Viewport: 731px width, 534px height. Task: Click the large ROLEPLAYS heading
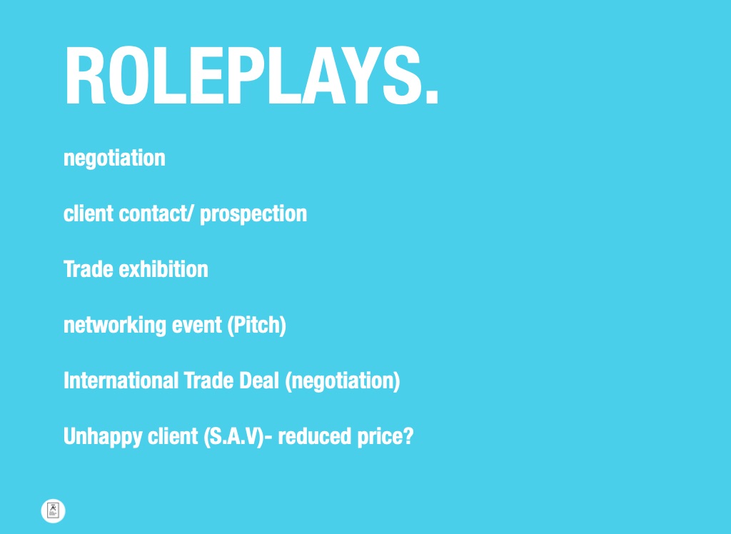(251, 76)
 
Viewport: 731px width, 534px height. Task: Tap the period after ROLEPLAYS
(432, 97)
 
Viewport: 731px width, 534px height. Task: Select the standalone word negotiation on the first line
(114, 158)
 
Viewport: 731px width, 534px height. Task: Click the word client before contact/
(89, 213)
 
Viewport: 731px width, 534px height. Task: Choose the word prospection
(253, 214)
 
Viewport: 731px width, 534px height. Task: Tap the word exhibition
(163, 269)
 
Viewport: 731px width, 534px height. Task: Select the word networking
(115, 325)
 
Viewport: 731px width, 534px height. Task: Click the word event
(197, 325)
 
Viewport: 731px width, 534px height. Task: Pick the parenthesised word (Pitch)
(256, 325)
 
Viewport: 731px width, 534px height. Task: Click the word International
(121, 381)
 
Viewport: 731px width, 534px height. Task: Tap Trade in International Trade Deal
(208, 381)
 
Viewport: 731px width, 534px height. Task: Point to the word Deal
(258, 381)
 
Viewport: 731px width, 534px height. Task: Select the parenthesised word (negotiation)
(342, 381)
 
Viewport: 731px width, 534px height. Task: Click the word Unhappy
(103, 437)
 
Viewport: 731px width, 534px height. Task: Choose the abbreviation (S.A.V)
(234, 436)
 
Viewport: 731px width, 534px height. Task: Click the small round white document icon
(53, 510)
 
